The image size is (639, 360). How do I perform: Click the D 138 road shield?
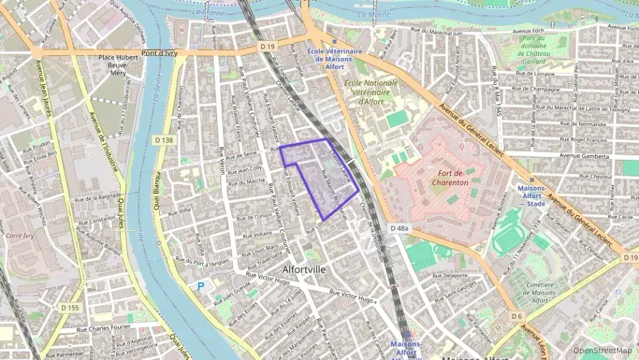tap(162, 139)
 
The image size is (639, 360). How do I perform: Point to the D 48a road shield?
tap(399, 227)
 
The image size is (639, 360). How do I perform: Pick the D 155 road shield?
tap(70, 309)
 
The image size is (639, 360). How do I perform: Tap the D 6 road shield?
tap(517, 316)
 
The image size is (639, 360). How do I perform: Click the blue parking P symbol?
tap(200, 286)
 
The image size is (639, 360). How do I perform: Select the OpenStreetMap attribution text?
tap(602, 350)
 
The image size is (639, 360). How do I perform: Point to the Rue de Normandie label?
tap(582, 124)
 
